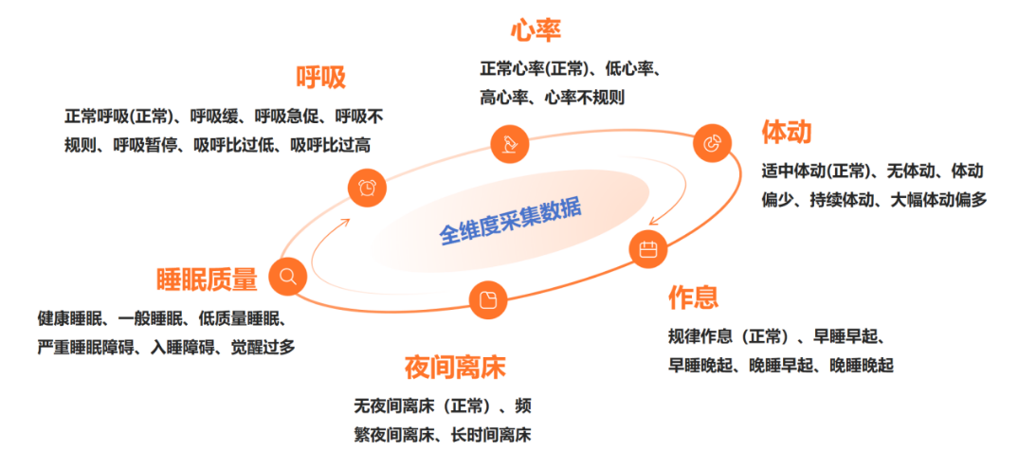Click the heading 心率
536,30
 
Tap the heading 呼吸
320,78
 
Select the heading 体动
786,131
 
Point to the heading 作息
693,297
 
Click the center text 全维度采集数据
511,220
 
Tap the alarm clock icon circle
367,188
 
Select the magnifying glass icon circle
287,277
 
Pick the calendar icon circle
648,249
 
